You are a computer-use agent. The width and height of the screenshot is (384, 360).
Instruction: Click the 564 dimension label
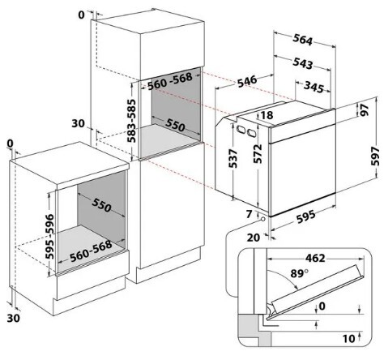[x=303, y=40]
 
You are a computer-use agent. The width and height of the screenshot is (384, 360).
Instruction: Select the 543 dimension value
[x=303, y=63]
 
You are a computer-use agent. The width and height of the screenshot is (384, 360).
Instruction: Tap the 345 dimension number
[x=314, y=87]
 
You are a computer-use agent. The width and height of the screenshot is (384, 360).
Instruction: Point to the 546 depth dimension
[x=247, y=81]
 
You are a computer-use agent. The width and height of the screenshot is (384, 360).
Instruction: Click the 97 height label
[x=365, y=109]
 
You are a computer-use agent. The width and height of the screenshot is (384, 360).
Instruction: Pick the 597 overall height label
[x=376, y=156]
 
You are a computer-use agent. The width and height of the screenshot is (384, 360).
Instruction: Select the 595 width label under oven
[x=305, y=216]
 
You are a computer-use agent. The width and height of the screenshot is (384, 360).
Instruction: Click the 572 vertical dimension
[x=258, y=154]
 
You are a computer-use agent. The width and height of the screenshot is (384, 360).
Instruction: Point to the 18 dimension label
[x=267, y=115]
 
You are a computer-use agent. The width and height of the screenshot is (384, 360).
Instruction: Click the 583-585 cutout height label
[x=131, y=121]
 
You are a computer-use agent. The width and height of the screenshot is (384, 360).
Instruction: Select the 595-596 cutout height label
[x=49, y=237]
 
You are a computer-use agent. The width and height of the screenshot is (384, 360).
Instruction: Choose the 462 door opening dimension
[x=315, y=258]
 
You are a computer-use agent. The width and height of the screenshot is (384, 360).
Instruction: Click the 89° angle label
[x=300, y=273]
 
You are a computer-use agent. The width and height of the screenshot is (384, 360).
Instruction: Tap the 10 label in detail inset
[x=348, y=338]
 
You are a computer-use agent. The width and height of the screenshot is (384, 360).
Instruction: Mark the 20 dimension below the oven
[x=254, y=238]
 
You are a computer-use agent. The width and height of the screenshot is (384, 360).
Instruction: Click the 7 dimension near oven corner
[x=250, y=214]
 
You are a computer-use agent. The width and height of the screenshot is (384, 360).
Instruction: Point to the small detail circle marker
[x=262, y=220]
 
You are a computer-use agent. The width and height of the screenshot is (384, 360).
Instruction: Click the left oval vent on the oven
[x=240, y=129]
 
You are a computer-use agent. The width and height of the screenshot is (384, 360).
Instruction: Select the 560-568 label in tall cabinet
[x=170, y=81]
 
